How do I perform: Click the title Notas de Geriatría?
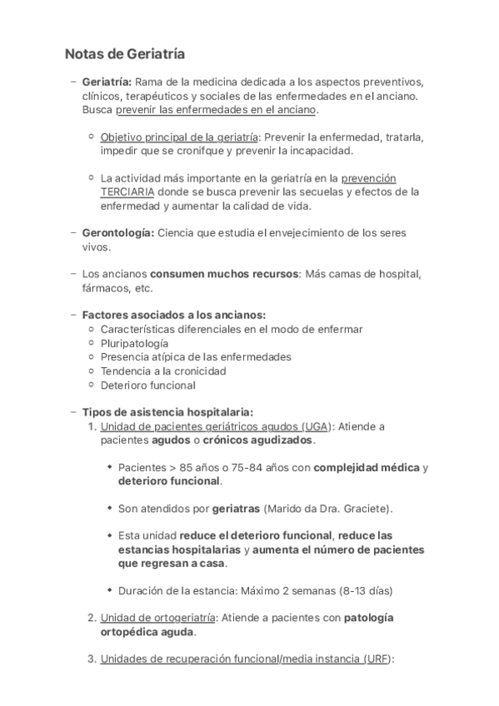(x=124, y=54)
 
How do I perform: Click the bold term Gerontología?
(x=117, y=232)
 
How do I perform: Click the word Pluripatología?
(x=134, y=343)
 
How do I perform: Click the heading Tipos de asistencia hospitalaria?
(x=167, y=412)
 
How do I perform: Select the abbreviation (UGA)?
(x=316, y=426)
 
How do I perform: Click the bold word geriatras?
(x=236, y=508)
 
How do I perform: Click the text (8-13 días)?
(x=362, y=590)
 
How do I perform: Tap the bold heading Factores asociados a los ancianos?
(x=174, y=315)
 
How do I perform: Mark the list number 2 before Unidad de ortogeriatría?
(x=92, y=618)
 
